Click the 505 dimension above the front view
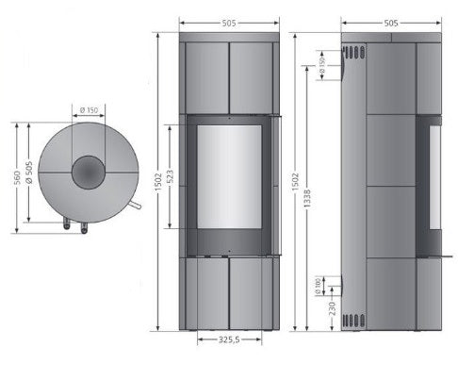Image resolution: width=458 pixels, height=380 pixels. click(x=229, y=24)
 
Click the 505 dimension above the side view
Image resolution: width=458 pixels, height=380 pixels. click(x=391, y=24)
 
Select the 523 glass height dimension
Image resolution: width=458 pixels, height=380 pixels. click(x=171, y=176)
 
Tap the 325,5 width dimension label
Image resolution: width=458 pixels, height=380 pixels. click(x=229, y=339)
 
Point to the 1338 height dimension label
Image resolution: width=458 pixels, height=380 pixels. click(x=307, y=198)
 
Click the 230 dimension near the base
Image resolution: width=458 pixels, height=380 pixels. click(x=332, y=308)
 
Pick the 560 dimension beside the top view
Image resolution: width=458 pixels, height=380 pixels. click(x=17, y=177)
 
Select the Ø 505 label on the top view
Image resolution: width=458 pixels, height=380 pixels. click(x=29, y=173)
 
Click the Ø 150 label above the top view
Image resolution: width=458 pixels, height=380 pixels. click(x=89, y=110)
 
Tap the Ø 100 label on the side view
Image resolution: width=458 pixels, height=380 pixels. click(x=318, y=286)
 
